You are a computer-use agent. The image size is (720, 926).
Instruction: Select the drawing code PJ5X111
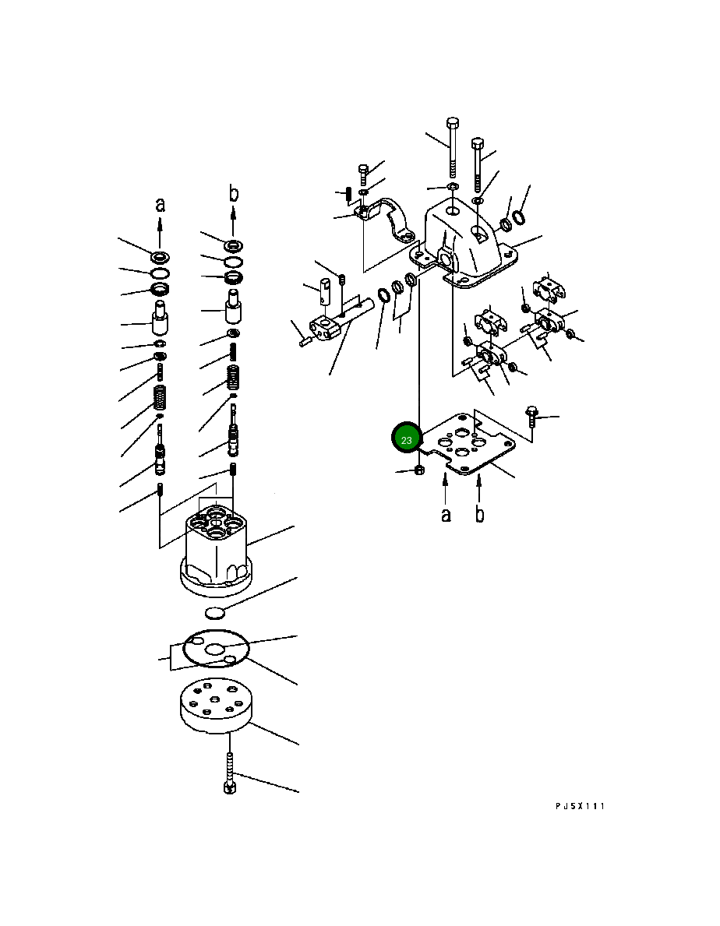(580, 805)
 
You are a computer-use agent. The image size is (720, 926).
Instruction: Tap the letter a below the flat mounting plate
(446, 514)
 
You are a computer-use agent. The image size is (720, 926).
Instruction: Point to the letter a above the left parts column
(160, 205)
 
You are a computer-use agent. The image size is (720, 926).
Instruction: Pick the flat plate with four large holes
(470, 443)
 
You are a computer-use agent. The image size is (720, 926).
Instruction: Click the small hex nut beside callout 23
(418, 470)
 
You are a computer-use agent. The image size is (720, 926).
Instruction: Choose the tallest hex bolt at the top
(453, 148)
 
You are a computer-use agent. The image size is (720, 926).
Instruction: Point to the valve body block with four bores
(216, 549)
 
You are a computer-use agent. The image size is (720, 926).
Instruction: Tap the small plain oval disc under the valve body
(215, 614)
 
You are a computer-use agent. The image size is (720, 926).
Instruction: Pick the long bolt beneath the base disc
(230, 772)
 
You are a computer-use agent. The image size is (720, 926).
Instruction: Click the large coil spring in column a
(160, 398)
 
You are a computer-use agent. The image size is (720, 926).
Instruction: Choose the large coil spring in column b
(234, 378)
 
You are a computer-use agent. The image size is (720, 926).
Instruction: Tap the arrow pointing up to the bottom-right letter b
(479, 489)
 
